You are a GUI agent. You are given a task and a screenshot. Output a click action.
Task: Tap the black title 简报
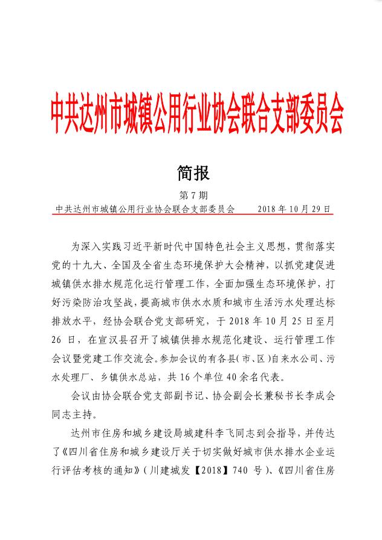pos(192,174)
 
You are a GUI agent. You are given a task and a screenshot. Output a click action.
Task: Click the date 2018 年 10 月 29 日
pos(294,209)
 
